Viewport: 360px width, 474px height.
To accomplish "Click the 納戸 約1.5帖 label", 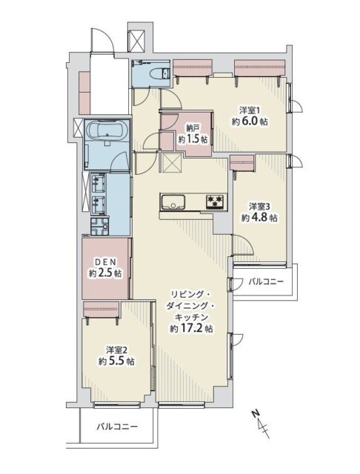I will [x=192, y=133].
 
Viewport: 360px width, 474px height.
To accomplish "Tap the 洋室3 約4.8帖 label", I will [x=259, y=212].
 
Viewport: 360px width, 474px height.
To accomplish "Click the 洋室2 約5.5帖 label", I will [x=116, y=355].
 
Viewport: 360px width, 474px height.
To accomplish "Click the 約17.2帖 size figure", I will [x=191, y=328].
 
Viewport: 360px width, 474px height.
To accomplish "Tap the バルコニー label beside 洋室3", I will [x=265, y=281].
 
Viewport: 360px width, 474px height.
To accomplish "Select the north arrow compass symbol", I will [x=260, y=424].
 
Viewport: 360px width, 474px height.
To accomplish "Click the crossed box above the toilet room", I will [x=138, y=41].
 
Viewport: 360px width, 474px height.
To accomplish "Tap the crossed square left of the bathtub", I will [x=79, y=128].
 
